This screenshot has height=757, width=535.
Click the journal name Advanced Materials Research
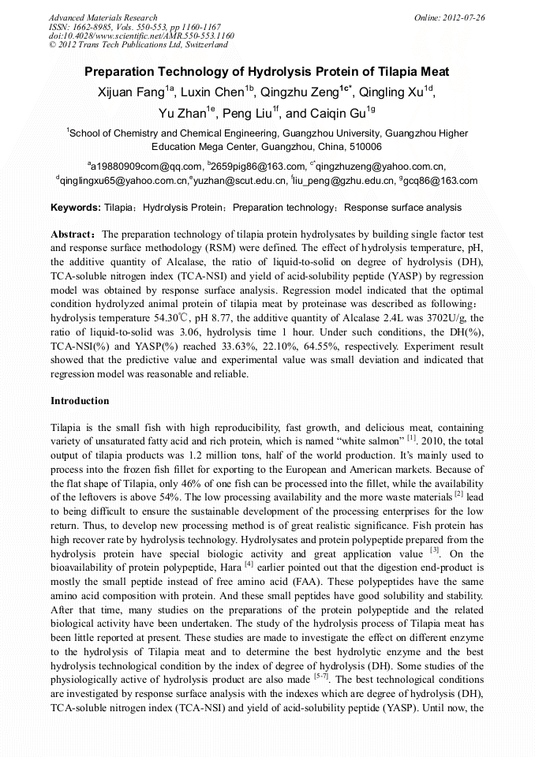point(103,17)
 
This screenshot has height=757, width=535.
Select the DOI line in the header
point(141,36)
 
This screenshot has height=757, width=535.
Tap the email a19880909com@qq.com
point(146,166)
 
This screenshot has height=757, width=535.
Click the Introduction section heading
point(80,401)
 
